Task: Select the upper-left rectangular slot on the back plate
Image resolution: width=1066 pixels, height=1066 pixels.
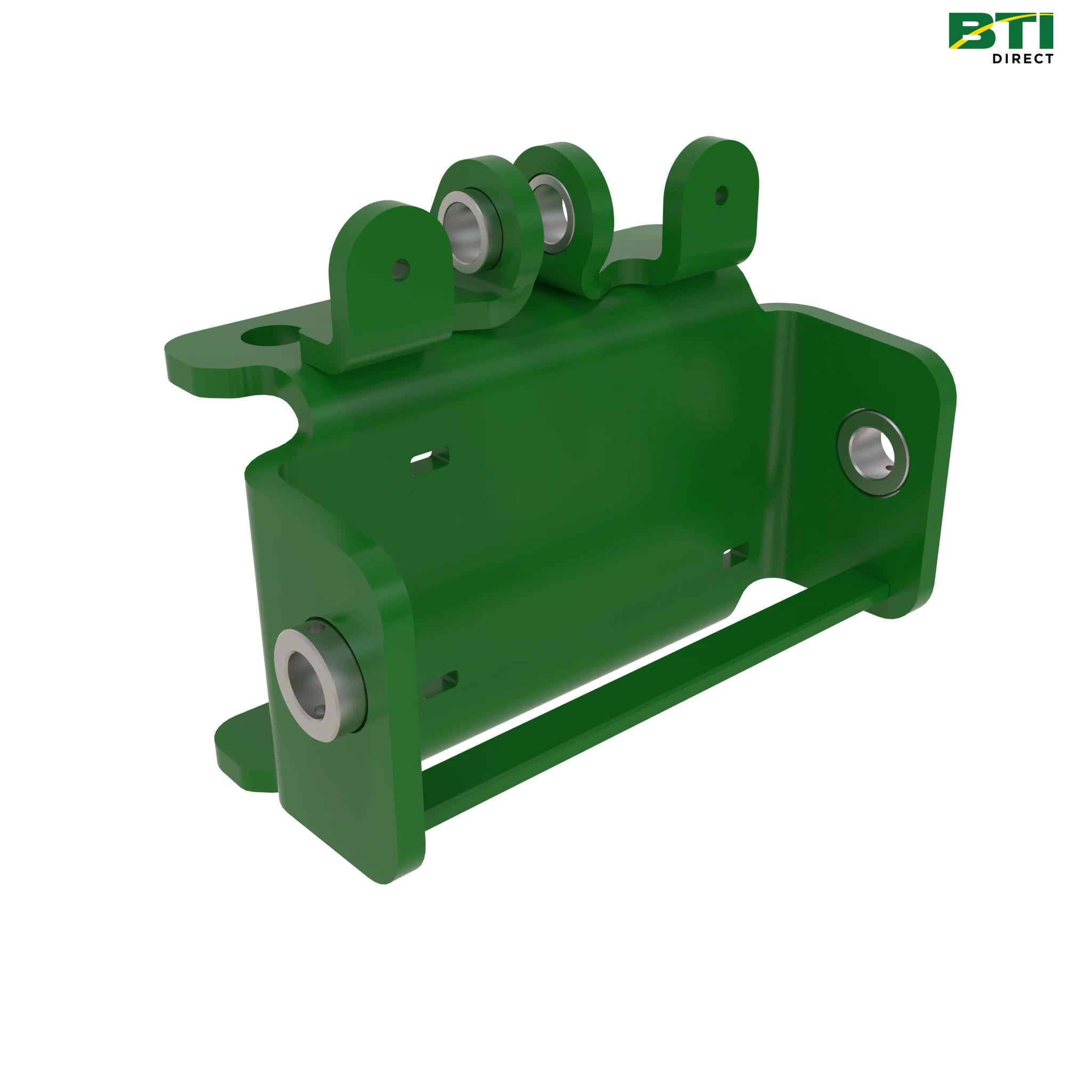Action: [x=430, y=457]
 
